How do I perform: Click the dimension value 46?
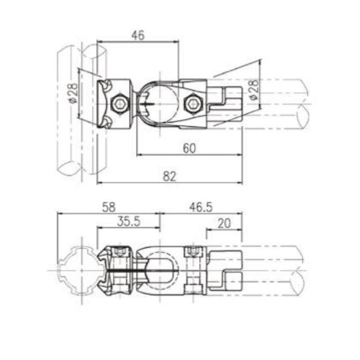[x=138, y=35]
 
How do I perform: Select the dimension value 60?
[x=188, y=148]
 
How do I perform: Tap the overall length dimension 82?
[x=170, y=175]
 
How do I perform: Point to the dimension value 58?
[x=109, y=207]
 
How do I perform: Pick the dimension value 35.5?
[x=128, y=221]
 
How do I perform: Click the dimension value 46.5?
[x=201, y=207]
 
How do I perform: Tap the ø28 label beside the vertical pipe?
[x=72, y=93]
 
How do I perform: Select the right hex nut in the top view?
[x=193, y=103]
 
